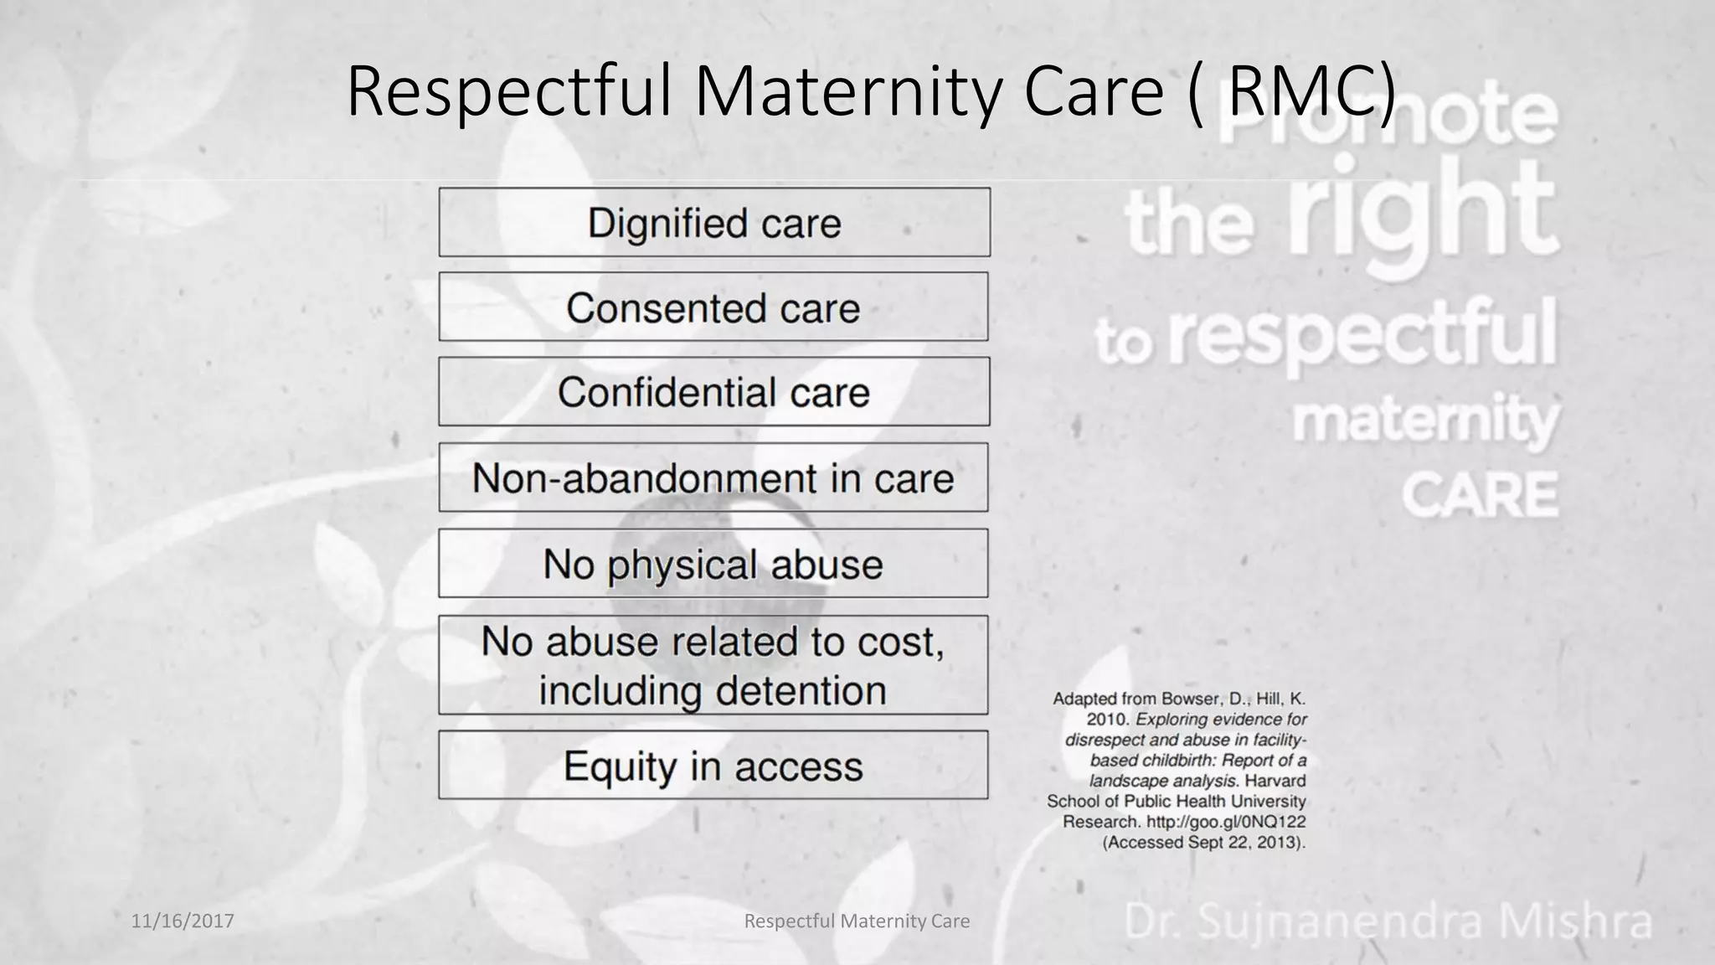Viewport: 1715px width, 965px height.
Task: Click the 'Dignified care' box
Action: [714, 223]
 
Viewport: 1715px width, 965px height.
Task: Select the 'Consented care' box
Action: [713, 307]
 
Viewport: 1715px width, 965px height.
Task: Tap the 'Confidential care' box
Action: [713, 392]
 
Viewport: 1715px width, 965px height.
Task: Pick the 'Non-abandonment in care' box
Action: [713, 478]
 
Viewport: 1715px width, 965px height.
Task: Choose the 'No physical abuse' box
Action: [713, 564]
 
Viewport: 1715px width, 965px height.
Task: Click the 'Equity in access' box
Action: [713, 766]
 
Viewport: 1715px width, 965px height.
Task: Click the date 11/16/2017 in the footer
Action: [183, 921]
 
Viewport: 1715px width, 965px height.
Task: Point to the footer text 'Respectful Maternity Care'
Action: [857, 921]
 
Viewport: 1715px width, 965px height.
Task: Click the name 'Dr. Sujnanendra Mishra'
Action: [1388, 921]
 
